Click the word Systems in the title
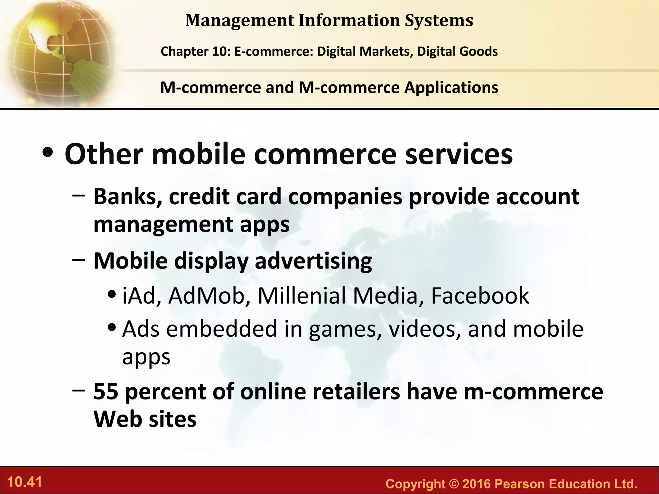click(439, 21)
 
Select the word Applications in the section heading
click(451, 87)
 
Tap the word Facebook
click(480, 296)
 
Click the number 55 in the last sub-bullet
click(106, 391)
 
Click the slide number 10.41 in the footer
click(24, 482)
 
